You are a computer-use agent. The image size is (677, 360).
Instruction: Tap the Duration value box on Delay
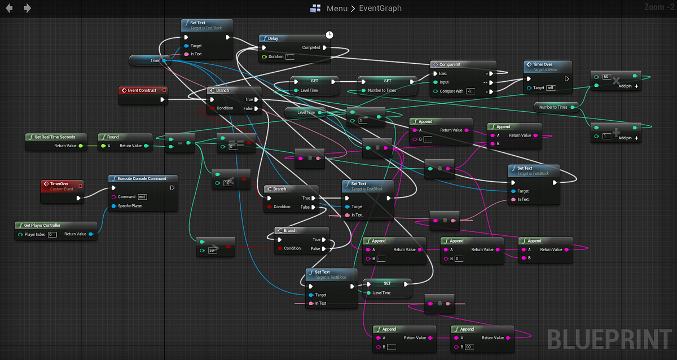(290, 57)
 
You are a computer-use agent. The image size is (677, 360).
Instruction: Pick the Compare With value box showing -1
(471, 91)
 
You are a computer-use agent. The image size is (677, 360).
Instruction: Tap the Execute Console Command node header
(142, 178)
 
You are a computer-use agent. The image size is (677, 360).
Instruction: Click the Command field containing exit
(142, 197)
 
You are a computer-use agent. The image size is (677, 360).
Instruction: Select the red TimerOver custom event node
(63, 184)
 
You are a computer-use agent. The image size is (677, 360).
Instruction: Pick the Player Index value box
(52, 234)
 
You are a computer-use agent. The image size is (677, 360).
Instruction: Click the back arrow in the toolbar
(9, 8)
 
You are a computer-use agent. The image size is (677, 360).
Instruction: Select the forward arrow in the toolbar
(27, 8)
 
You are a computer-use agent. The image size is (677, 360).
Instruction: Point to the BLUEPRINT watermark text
(610, 340)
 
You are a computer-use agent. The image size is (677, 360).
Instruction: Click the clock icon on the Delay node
(329, 35)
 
